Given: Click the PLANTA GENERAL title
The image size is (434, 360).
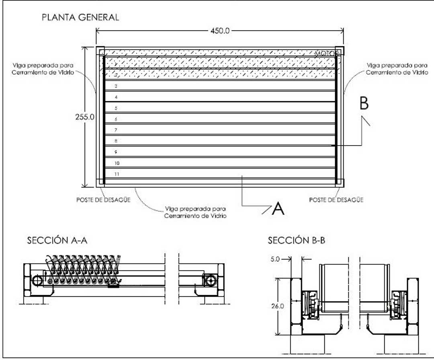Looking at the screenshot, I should click(x=80, y=17).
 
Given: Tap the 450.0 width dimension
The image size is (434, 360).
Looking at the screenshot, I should click(x=219, y=31).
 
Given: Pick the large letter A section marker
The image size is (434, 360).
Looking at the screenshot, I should click(x=278, y=209).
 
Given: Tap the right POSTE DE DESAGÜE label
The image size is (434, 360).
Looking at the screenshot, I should click(x=336, y=200).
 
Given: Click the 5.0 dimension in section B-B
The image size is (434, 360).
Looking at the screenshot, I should click(x=276, y=259).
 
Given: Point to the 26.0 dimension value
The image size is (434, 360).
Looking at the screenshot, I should click(x=278, y=306).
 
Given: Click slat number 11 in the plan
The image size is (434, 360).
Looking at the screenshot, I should click(x=117, y=174).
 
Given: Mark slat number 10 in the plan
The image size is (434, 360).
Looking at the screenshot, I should click(x=117, y=163).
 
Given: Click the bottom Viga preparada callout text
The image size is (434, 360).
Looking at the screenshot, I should click(x=195, y=212).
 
